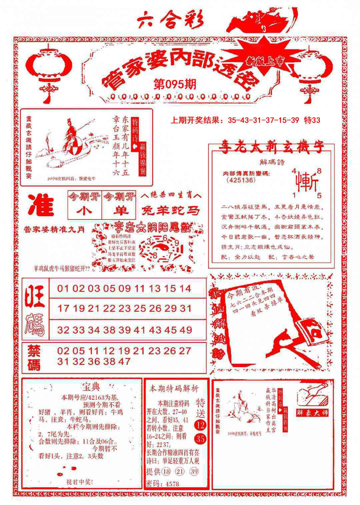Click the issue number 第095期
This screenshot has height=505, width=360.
[175, 84]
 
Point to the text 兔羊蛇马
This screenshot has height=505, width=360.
[171, 211]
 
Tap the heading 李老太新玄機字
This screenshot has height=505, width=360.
[271, 148]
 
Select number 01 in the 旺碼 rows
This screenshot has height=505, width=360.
[63, 288]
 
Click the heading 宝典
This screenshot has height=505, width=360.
[91, 387]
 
